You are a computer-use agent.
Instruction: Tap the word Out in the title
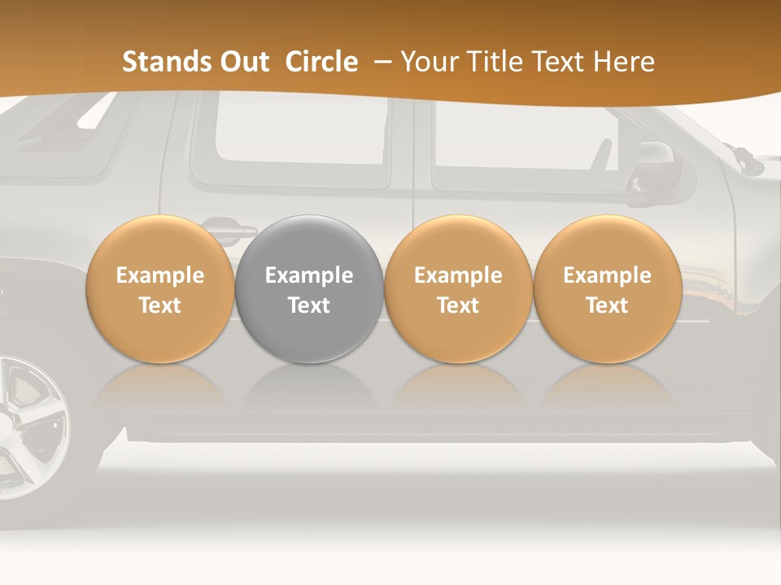point(243,62)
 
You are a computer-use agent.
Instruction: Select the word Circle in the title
point(321,62)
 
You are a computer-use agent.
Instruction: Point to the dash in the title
point(384,62)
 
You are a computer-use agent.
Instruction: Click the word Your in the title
point(429,62)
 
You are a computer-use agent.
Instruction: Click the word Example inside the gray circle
point(309,275)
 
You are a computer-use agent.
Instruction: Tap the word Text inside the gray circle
point(309,305)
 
